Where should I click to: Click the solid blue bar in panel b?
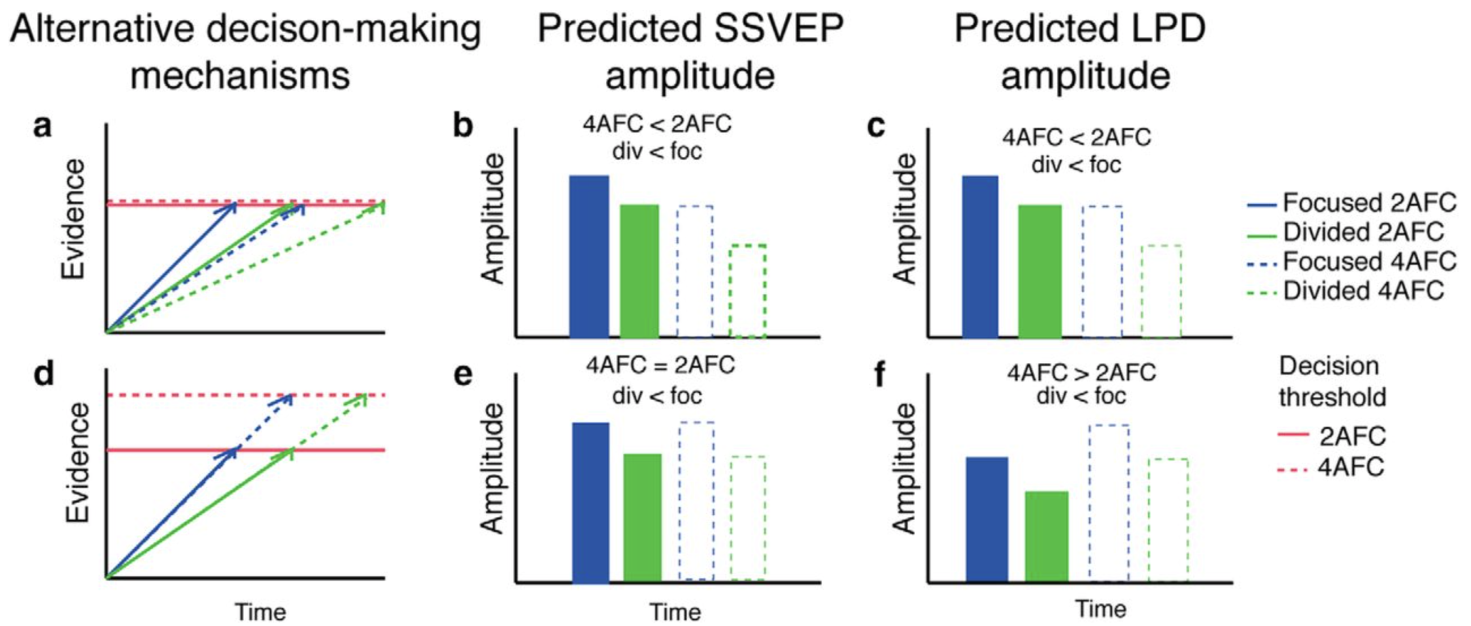pyautogui.click(x=589, y=256)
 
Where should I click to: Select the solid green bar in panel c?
pyautogui.click(x=1040, y=271)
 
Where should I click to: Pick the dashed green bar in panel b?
pyautogui.click(x=748, y=291)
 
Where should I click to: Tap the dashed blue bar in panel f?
pyautogui.click(x=1109, y=503)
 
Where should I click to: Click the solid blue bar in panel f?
pyautogui.click(x=987, y=519)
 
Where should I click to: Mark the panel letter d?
pyautogui.click(x=44, y=374)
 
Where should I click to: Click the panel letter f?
pyautogui.click(x=880, y=375)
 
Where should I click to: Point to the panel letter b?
pyautogui.click(x=463, y=125)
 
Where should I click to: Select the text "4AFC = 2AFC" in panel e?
pyautogui.click(x=660, y=365)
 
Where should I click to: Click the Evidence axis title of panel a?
pyautogui.click(x=74, y=219)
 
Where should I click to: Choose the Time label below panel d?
pyautogui.click(x=261, y=612)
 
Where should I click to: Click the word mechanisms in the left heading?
pyautogui.click(x=240, y=76)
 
